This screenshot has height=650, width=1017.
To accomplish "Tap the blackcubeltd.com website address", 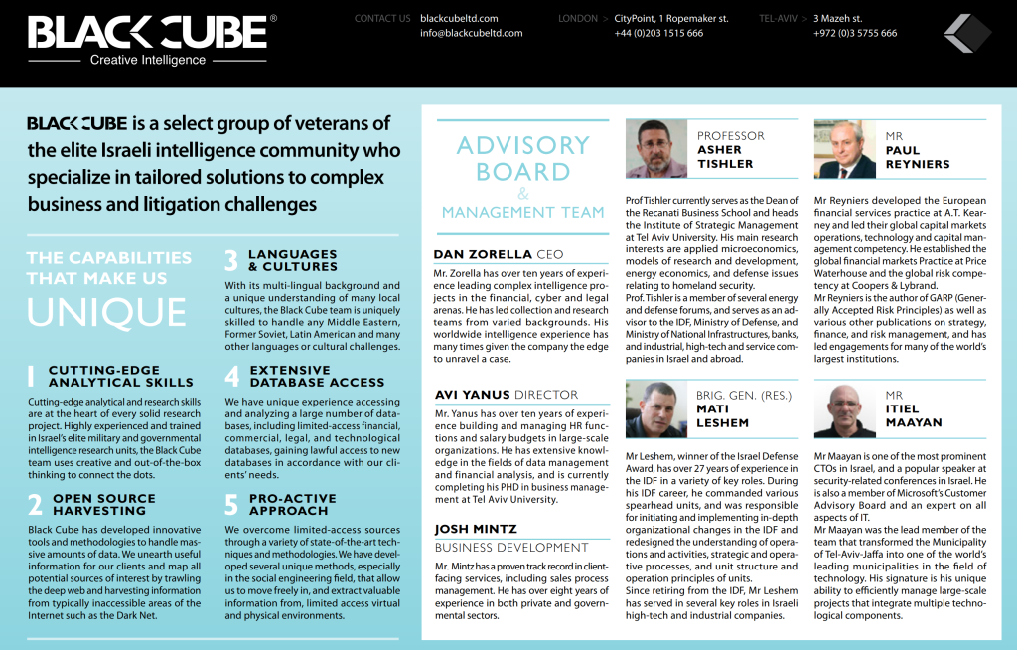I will (x=459, y=18).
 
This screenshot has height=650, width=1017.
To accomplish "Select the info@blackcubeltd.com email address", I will (x=471, y=33).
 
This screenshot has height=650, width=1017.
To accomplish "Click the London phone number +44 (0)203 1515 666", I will (x=658, y=33).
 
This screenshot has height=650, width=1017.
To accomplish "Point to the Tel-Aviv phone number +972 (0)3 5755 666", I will (x=855, y=33).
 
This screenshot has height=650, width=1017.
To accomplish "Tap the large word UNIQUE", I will (x=106, y=311).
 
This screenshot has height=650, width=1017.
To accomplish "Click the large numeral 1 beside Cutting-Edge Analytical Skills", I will (x=31, y=376).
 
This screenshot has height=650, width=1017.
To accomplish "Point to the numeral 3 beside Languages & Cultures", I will (x=230, y=260).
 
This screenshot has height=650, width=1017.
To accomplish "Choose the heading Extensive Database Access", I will (x=316, y=376).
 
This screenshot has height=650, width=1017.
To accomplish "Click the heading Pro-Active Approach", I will (x=293, y=504).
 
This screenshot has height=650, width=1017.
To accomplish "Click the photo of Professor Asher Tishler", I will (x=656, y=149).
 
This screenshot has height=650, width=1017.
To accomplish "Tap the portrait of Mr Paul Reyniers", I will (x=844, y=149).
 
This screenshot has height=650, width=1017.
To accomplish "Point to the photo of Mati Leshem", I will (x=656, y=408).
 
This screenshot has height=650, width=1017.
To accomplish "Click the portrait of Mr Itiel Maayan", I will (x=844, y=408).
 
